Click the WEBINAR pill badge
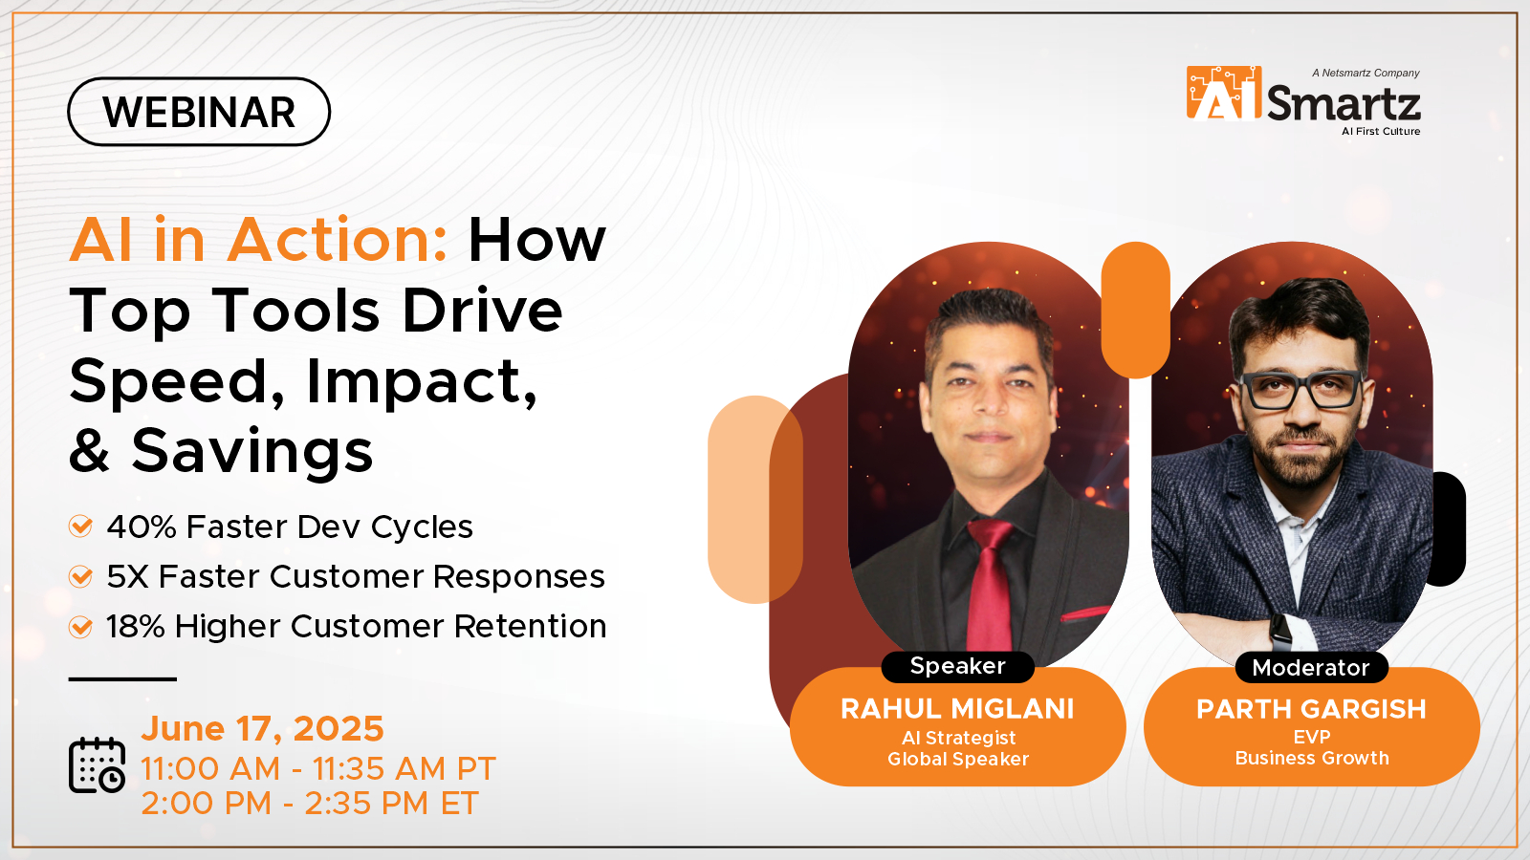click(x=199, y=112)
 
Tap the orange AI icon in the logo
click(x=1223, y=94)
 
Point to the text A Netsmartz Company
click(x=1366, y=73)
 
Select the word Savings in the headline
click(x=252, y=451)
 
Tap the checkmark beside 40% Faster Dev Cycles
click(x=81, y=527)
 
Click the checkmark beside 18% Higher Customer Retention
click(x=81, y=627)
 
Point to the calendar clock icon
click(x=97, y=765)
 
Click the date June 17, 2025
click(x=262, y=729)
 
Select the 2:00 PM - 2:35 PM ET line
click(x=309, y=804)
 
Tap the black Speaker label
click(x=957, y=666)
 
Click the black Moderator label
click(x=1310, y=668)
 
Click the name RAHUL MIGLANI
click(x=957, y=709)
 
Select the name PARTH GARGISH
click(x=1311, y=709)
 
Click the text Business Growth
click(x=1311, y=758)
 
